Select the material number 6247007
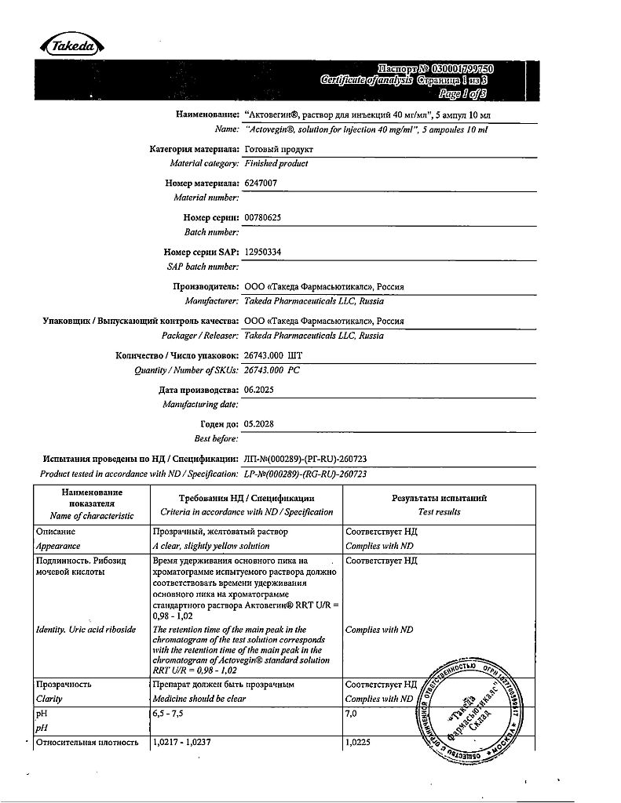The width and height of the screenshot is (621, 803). point(261,183)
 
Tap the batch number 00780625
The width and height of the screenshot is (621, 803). point(264,218)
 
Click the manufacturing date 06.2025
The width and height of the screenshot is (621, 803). point(259,390)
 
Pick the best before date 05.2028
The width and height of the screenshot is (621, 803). point(259,423)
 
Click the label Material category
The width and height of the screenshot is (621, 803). point(203,164)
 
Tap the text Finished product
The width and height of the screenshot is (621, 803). point(276,164)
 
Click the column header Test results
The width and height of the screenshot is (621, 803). point(439,512)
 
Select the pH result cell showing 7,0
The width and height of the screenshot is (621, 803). point(351,714)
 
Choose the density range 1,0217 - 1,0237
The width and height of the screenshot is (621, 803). point(188,742)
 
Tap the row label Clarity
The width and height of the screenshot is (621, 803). point(49,699)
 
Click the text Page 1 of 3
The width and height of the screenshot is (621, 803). point(463,93)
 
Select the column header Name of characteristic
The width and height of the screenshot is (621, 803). point(91,516)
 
